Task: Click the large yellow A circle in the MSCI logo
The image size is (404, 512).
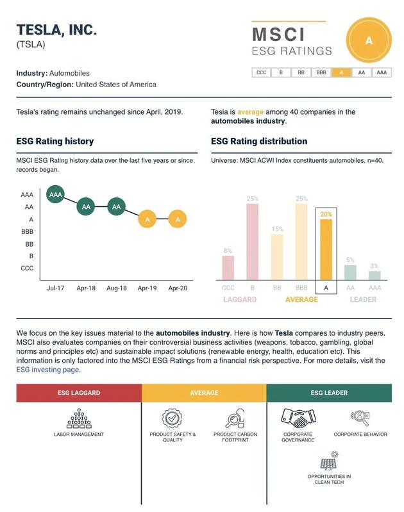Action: tap(368, 40)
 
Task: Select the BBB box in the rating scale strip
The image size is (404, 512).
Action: tap(321, 73)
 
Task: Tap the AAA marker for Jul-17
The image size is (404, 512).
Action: tap(56, 194)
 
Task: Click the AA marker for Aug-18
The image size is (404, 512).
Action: tap(116, 207)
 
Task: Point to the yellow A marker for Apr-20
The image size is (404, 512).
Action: tap(178, 219)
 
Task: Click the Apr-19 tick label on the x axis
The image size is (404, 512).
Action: tap(147, 288)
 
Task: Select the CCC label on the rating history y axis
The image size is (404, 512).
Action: tap(27, 268)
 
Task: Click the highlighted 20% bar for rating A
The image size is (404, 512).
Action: tap(326, 249)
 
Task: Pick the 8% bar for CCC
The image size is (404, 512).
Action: tap(228, 268)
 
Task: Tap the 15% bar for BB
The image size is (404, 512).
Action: tap(277, 257)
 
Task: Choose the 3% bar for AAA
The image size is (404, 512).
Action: tap(375, 276)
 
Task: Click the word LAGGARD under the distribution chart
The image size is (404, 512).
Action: tap(240, 300)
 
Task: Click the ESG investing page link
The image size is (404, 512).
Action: tap(48, 370)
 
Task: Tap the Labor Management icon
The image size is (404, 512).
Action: tap(79, 418)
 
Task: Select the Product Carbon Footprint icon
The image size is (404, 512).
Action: tap(235, 418)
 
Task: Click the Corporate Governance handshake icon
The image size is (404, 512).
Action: tap(298, 418)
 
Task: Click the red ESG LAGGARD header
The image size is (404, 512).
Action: tap(79, 393)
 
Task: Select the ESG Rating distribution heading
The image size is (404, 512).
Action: tap(259, 141)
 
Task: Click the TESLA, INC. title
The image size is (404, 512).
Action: tap(56, 29)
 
